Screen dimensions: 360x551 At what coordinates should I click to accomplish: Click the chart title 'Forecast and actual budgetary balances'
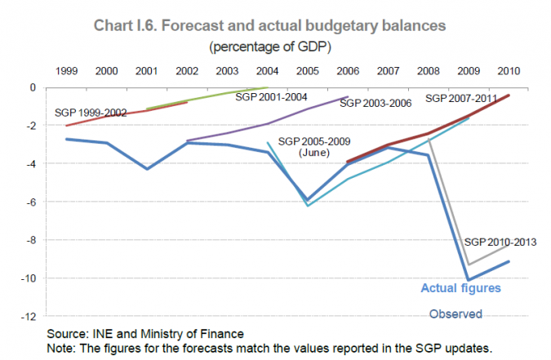point(275,25)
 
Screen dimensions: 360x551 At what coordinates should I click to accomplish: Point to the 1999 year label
point(67,71)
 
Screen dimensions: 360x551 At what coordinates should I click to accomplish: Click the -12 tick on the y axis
point(31,316)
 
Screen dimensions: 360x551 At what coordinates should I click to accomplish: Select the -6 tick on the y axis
point(33,202)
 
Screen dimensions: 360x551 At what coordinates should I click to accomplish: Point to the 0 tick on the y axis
point(35,87)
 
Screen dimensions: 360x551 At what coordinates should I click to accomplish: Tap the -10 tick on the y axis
point(31,278)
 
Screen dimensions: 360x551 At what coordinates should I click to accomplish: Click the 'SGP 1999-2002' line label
point(90,113)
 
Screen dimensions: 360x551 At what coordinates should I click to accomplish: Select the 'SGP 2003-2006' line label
point(375,104)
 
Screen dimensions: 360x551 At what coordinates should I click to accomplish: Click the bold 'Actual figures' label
point(460,287)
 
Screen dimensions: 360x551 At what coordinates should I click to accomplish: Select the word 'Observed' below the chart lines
point(455,313)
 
